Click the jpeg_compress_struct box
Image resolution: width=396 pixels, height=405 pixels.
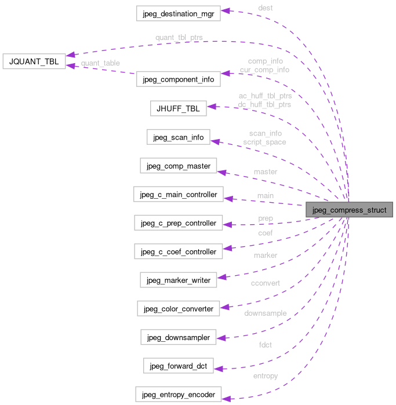click(350, 209)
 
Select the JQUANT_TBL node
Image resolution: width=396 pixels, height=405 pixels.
click(34, 61)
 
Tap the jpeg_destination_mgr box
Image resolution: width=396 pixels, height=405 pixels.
click(177, 13)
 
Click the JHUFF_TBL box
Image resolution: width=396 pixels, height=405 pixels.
click(177, 108)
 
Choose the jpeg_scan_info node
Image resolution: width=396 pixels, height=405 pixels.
click(178, 137)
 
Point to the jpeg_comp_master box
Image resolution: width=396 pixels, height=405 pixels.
click(178, 166)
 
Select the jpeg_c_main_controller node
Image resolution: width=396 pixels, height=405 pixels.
click(178, 194)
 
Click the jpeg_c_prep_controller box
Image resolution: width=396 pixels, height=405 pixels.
click(178, 222)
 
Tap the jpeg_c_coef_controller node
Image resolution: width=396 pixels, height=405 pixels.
click(178, 251)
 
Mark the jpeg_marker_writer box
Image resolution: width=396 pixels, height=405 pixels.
click(178, 280)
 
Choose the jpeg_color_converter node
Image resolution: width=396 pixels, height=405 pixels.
click(178, 308)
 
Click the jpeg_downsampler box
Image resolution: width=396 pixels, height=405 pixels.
click(178, 337)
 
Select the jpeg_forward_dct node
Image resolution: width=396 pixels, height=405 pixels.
click(179, 366)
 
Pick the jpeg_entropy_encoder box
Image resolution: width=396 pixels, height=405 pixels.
click(177, 395)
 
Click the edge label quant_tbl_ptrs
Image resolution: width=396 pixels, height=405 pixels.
click(179, 38)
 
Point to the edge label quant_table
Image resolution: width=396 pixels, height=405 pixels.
click(100, 63)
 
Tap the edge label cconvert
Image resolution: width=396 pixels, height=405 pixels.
click(265, 283)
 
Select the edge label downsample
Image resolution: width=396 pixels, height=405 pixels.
click(266, 313)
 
